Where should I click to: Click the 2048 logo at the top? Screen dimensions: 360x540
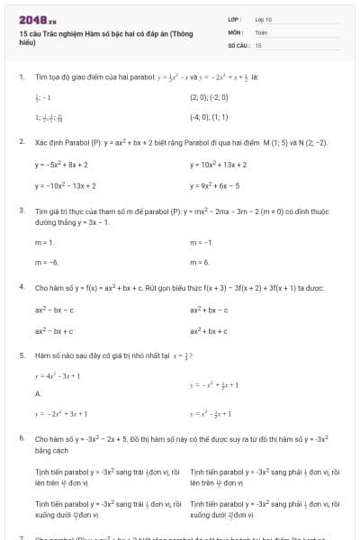pyautogui.click(x=38, y=19)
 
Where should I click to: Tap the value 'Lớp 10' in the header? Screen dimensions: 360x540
pyautogui.click(x=263, y=19)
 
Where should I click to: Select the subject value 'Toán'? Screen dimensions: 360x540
pyautogui.click(x=261, y=31)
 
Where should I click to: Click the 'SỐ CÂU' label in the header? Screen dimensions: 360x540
pyautogui.click(x=238, y=44)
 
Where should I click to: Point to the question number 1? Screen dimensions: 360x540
pyautogui.click(x=21, y=78)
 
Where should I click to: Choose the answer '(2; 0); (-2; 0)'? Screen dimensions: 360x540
pyautogui.click(x=210, y=95)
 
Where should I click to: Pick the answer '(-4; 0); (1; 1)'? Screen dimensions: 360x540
pyautogui.click(x=208, y=116)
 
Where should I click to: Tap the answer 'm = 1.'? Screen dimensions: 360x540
pyautogui.click(x=45, y=243)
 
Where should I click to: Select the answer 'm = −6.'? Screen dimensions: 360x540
pyautogui.click(x=47, y=262)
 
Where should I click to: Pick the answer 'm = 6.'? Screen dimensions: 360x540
pyautogui.click(x=200, y=262)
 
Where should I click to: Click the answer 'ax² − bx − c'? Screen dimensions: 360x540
pyautogui.click(x=55, y=310)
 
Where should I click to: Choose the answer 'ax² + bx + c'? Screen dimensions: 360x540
pyautogui.click(x=209, y=330)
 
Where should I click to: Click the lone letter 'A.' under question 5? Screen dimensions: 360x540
pyautogui.click(x=39, y=394)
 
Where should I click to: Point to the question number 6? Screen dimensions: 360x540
pyautogui.click(x=21, y=437)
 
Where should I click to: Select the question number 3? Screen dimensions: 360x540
pyautogui.click(x=21, y=211)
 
